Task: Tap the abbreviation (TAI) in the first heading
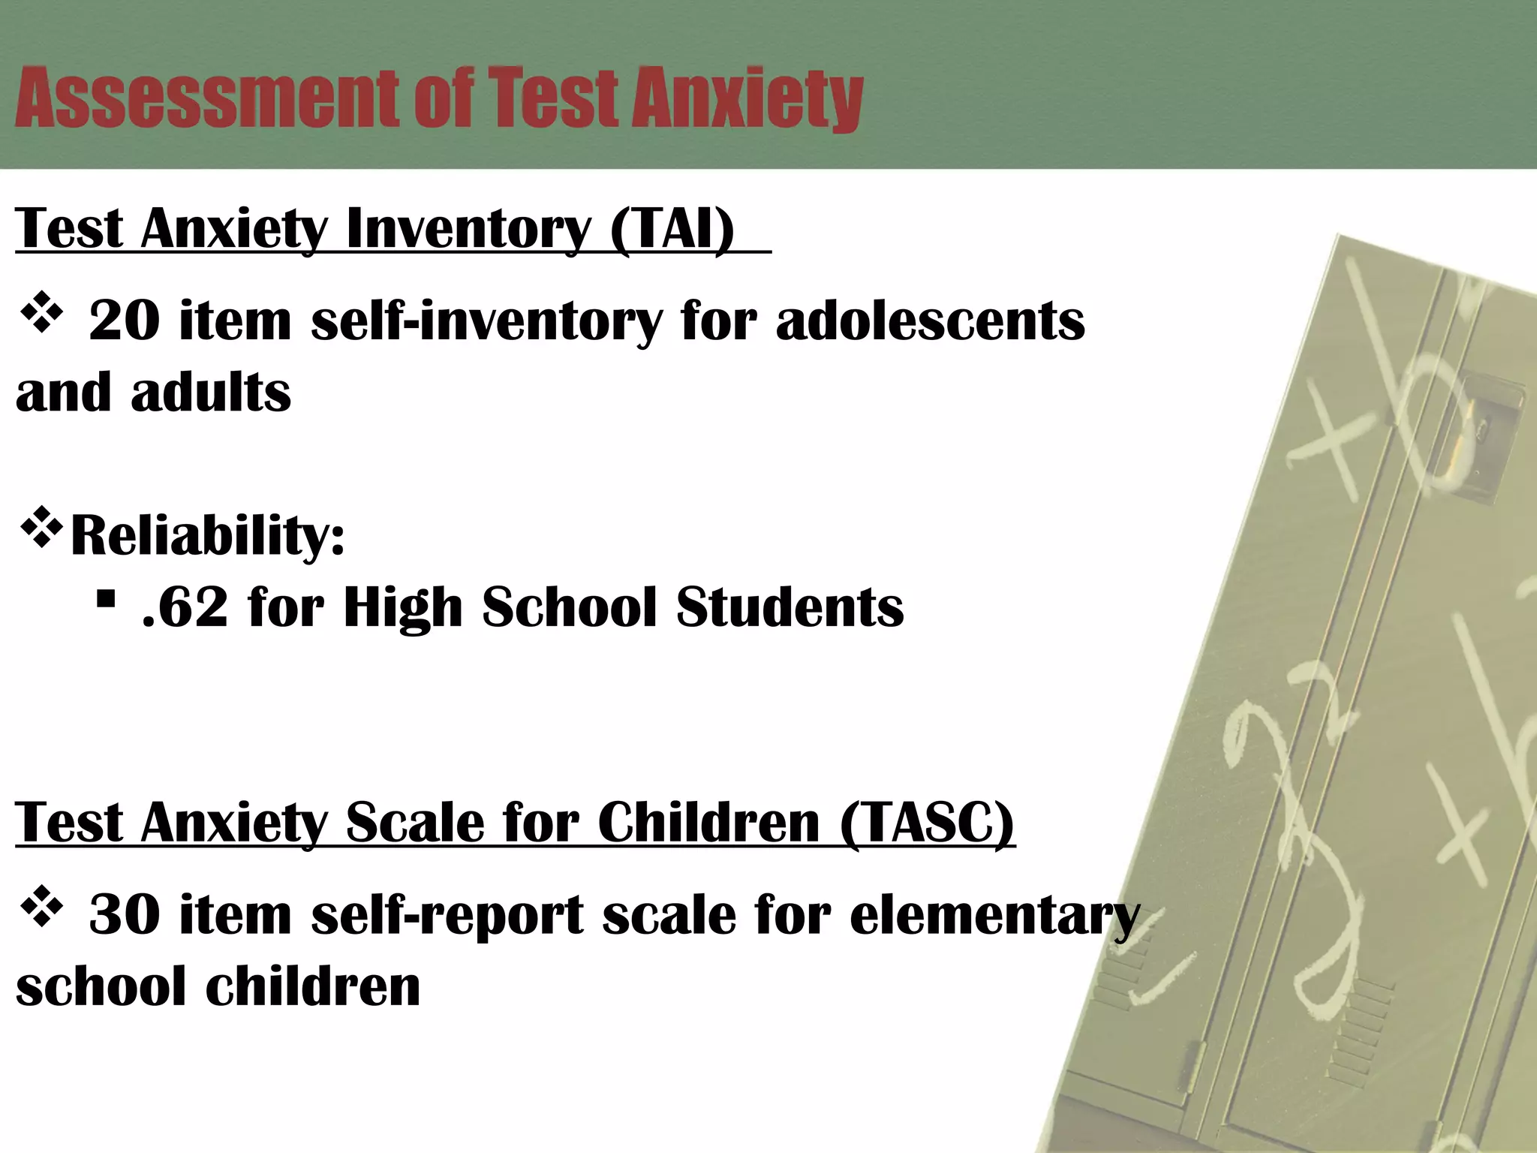click(x=672, y=228)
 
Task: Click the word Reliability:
click(x=207, y=536)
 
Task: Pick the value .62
click(x=185, y=607)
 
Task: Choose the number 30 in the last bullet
click(x=124, y=915)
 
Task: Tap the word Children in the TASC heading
click(x=708, y=823)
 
